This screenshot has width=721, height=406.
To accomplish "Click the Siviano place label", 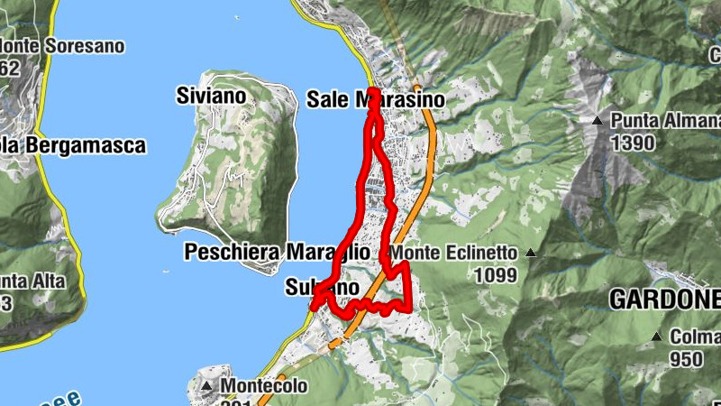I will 212,96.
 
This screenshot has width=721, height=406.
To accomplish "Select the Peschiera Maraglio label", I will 277,253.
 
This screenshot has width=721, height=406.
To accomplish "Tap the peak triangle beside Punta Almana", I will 597,120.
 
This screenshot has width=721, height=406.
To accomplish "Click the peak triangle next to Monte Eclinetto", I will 531,254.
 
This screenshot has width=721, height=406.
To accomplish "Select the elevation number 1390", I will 630,142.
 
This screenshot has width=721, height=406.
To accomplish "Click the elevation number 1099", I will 499,275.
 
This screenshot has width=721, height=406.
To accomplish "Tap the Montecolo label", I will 264,386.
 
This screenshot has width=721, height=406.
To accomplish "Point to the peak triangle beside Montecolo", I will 206,387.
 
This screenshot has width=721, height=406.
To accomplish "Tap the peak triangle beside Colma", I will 657,337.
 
